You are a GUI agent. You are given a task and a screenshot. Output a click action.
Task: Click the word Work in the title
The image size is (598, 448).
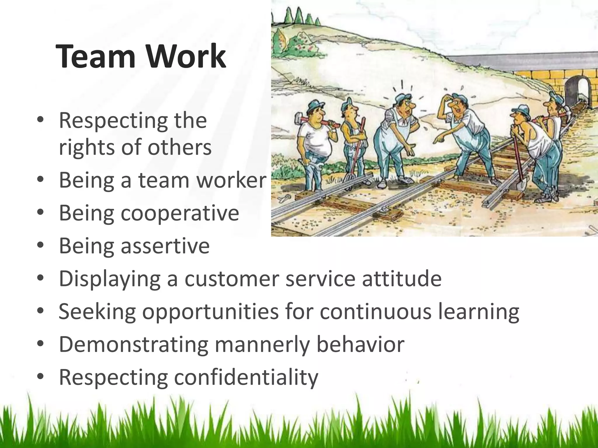pyautogui.click(x=186, y=56)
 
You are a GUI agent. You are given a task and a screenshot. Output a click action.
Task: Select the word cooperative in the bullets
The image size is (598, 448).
pyautogui.click(x=180, y=213)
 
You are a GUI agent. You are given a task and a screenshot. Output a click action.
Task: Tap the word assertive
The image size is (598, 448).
pyautogui.click(x=165, y=246)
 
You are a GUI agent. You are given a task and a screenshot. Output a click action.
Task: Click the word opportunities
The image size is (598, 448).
pyautogui.click(x=210, y=311)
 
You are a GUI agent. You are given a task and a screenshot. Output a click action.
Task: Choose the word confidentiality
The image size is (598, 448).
pyautogui.click(x=246, y=377)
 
